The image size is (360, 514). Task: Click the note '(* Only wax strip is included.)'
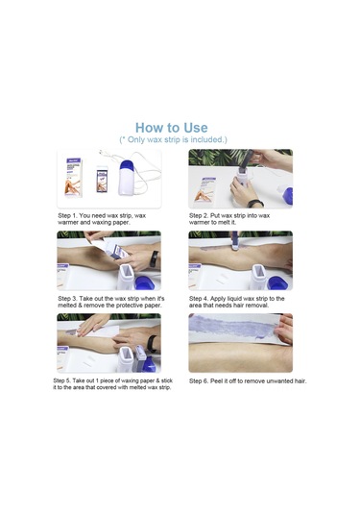coord(173,140)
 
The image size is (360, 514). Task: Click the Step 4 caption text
coord(237,302)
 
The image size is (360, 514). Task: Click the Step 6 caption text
coord(247,381)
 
